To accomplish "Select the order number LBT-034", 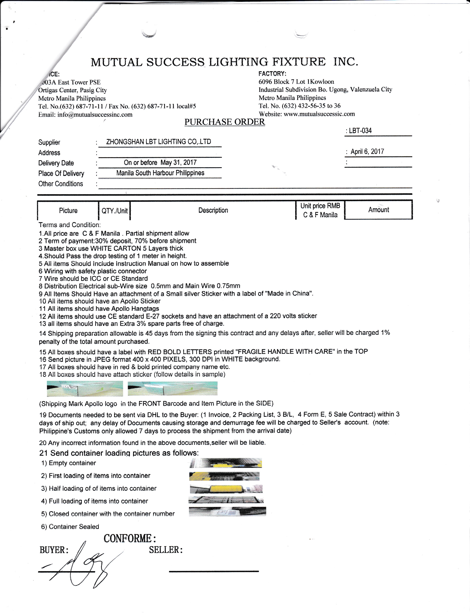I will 360,131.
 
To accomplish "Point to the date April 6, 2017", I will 367,152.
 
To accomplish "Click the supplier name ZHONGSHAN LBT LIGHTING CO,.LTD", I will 158,142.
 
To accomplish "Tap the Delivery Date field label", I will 56,163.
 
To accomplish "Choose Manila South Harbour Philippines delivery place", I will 160,173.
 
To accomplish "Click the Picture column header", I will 68,210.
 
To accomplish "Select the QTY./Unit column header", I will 114,211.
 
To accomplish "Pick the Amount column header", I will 378,209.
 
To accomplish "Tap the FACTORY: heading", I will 272,74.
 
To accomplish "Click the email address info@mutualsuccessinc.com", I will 95,115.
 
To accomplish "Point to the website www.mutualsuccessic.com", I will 319,114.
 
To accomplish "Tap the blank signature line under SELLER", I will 214,571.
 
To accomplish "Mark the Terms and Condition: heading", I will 70,225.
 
